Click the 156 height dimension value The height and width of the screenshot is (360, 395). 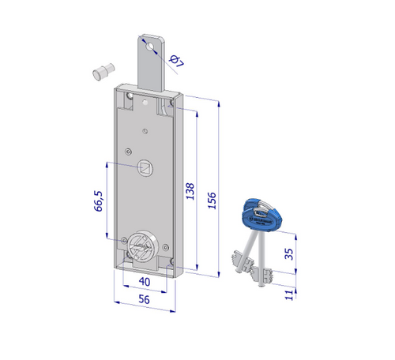[x=212, y=201]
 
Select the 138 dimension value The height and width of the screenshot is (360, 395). [x=190, y=191]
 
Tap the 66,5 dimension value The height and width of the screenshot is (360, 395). [x=99, y=201]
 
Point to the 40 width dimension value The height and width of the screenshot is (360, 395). [x=145, y=282]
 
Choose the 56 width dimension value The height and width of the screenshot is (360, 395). [x=144, y=299]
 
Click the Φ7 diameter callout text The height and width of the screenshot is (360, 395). [x=176, y=61]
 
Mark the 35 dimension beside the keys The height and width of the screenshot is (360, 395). [x=289, y=254]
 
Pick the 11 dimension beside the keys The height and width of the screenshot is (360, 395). [x=289, y=294]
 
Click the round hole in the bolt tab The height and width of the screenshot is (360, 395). [x=150, y=47]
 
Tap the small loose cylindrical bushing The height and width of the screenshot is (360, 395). [x=103, y=72]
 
